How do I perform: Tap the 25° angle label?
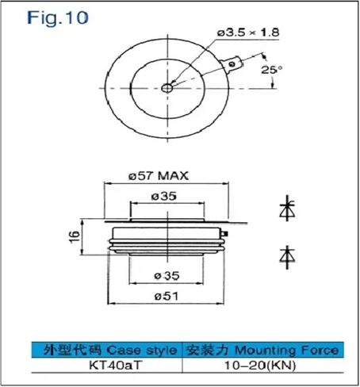[x=271, y=69]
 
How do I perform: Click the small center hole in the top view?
[x=167, y=87]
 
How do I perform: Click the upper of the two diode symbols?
[x=287, y=210]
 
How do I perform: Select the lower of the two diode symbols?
[x=287, y=255]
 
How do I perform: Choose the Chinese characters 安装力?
[x=209, y=349]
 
